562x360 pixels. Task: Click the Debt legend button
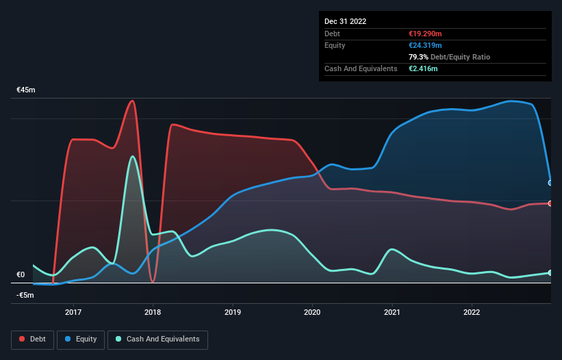(31, 339)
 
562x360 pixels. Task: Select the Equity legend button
(81, 339)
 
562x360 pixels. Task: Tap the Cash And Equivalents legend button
(157, 339)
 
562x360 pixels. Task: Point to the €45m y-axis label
(26, 90)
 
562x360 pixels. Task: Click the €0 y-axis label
(21, 275)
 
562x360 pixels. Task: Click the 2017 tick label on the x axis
(73, 312)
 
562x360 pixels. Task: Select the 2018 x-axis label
(153, 312)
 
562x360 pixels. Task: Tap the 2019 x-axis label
(233, 312)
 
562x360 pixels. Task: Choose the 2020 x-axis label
(312, 312)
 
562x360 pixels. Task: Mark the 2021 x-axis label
(392, 312)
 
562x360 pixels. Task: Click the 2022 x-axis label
(472, 312)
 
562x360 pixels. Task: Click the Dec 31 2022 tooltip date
(345, 21)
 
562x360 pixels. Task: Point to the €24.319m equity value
(426, 45)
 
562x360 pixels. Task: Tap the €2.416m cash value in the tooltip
(423, 68)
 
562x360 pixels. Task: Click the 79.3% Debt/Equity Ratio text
(448, 57)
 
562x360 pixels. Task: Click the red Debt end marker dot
(550, 203)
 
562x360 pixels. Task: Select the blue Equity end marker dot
(550, 183)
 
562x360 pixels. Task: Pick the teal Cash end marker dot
(550, 273)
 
